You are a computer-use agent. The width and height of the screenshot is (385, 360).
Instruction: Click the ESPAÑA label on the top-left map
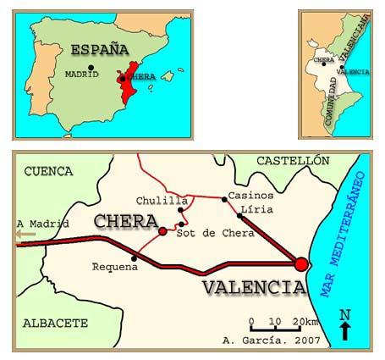click(x=99, y=48)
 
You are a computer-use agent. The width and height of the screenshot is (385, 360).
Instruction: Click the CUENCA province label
click(x=44, y=170)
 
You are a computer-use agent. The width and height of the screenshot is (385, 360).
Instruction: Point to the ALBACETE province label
click(x=55, y=323)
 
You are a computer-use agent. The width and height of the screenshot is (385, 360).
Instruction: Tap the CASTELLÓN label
click(x=292, y=160)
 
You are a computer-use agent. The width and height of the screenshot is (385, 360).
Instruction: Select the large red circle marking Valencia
click(x=300, y=264)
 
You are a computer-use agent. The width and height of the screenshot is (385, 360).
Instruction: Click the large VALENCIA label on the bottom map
click(x=253, y=288)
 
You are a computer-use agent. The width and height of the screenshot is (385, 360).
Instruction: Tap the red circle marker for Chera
click(x=162, y=230)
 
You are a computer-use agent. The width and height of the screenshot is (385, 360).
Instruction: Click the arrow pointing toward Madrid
click(x=26, y=235)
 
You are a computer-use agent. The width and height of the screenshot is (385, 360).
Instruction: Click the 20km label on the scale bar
click(x=305, y=322)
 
